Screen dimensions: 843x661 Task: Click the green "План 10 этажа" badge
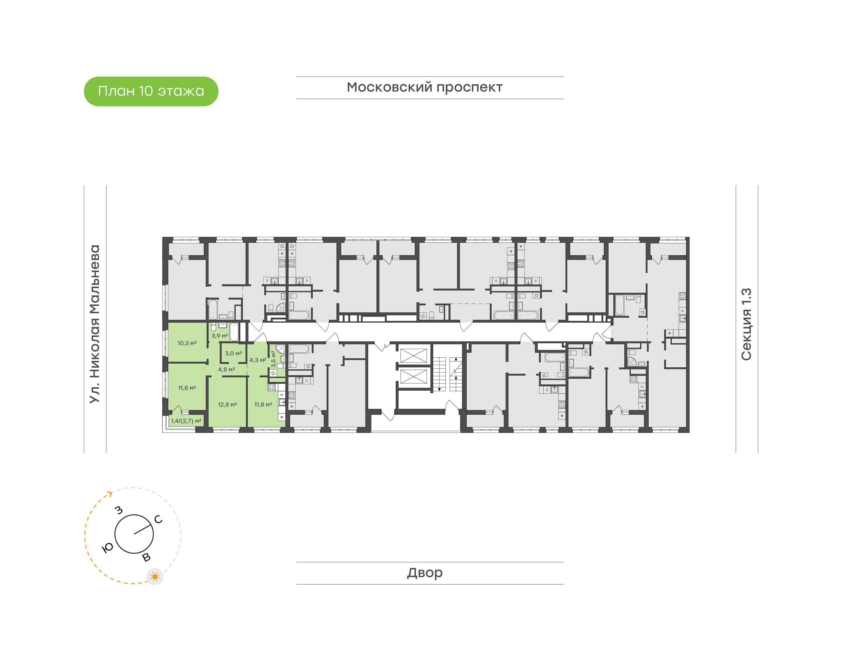(151, 91)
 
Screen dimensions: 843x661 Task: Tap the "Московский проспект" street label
(424, 88)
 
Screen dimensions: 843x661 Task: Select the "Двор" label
(424, 573)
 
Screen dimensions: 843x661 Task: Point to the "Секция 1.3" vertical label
(746, 324)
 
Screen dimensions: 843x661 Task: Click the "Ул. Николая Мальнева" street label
(95, 324)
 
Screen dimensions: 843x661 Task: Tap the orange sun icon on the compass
(155, 577)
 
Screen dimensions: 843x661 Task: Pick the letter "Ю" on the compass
(107, 547)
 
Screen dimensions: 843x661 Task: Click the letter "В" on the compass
(146, 557)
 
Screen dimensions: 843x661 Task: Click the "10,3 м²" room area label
(187, 343)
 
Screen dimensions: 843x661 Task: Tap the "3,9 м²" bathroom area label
(220, 335)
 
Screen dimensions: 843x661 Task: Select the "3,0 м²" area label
(234, 353)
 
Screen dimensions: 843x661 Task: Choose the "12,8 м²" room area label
(227, 404)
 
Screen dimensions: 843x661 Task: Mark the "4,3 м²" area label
(258, 360)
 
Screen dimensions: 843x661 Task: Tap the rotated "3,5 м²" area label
(273, 359)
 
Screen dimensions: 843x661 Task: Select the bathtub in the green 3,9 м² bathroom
(234, 332)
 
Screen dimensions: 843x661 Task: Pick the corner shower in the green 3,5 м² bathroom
(280, 349)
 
